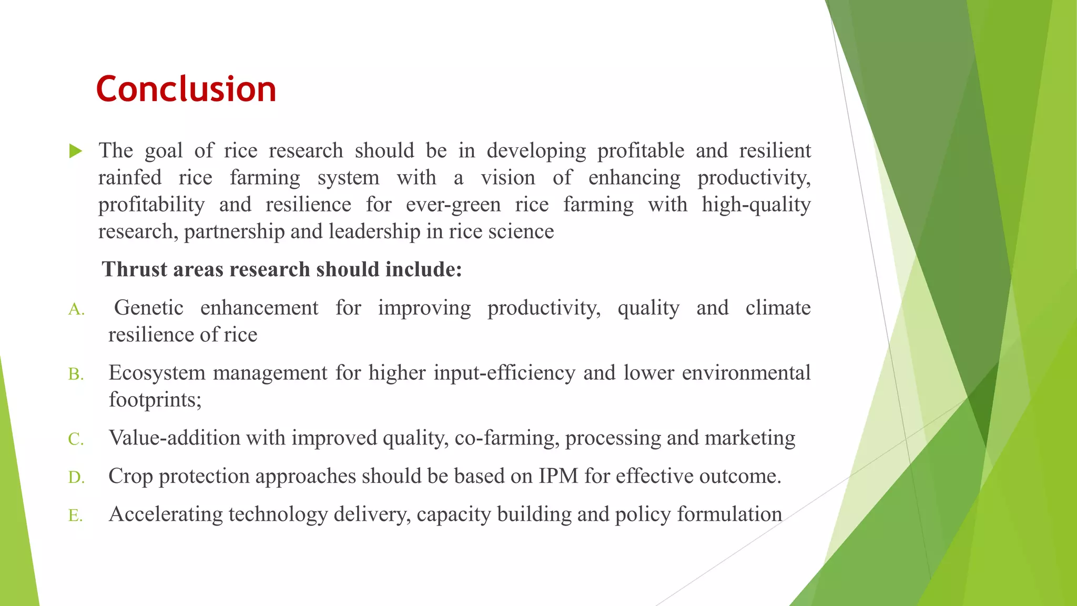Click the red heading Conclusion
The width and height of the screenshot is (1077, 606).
pos(186,89)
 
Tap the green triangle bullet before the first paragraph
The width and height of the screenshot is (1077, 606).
pos(76,151)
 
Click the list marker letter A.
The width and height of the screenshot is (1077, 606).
pos(76,310)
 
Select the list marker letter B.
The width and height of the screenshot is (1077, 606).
pos(76,375)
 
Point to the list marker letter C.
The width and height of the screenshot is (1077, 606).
pos(76,439)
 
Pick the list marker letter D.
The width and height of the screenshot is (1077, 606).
pos(76,478)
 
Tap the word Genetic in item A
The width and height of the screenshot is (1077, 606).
pos(149,308)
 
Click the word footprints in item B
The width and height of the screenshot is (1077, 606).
pos(155,400)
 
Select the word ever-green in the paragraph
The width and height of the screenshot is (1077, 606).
pos(453,205)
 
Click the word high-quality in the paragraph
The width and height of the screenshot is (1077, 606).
pos(756,205)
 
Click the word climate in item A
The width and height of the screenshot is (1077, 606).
pos(778,308)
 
